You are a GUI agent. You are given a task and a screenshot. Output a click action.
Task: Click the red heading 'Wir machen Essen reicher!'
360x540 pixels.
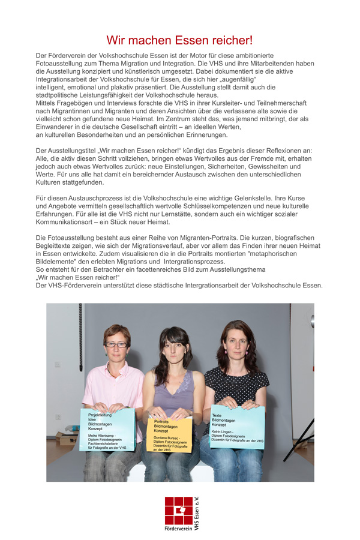pos(179,40)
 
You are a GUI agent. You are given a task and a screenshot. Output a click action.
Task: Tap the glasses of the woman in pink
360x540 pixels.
pos(116,344)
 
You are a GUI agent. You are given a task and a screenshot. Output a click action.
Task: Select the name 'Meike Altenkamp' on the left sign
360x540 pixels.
pos(103,436)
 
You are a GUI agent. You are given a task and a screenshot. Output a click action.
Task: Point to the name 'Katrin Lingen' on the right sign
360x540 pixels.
pos(223,431)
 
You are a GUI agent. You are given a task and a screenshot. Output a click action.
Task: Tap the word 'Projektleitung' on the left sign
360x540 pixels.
pos(100,415)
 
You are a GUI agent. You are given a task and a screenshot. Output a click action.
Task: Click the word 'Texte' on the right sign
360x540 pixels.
pos(217,415)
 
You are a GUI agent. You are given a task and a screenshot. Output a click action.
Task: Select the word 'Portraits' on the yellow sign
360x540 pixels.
pos(163,422)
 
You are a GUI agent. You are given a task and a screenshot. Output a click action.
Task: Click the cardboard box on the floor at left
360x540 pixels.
pos(64,439)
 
